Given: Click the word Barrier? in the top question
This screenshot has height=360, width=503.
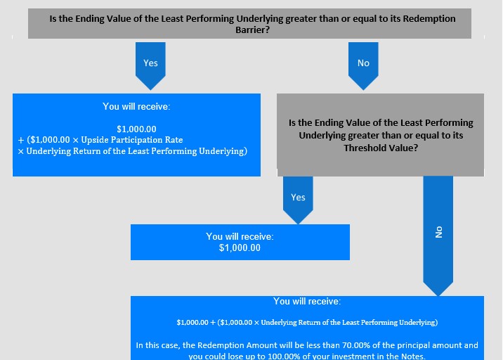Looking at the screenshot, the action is pyautogui.click(x=252, y=30).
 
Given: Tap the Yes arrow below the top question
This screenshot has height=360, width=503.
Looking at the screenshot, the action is pyautogui.click(x=150, y=66).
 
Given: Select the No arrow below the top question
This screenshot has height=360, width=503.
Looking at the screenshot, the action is pyautogui.click(x=363, y=66).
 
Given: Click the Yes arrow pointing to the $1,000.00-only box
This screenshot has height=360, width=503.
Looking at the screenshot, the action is pyautogui.click(x=298, y=200).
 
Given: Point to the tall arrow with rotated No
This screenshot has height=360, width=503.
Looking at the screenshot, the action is pyautogui.click(x=438, y=236).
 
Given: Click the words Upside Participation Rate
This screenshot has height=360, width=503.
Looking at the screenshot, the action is pyautogui.click(x=132, y=140).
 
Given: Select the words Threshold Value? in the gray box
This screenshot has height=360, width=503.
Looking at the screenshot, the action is pyautogui.click(x=381, y=148).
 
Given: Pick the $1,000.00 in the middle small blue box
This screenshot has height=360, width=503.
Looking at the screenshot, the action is pyautogui.click(x=240, y=248).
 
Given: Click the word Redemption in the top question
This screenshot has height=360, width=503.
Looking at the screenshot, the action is pyautogui.click(x=429, y=18).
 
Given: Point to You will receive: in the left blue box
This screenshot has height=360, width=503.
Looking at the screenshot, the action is pyautogui.click(x=136, y=106).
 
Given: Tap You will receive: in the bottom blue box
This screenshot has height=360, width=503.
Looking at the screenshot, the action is pyautogui.click(x=307, y=301).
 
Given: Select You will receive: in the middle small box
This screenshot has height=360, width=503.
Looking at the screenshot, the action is pyautogui.click(x=240, y=237).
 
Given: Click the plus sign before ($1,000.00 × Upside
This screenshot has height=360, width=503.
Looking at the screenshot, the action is pyautogui.click(x=21, y=141).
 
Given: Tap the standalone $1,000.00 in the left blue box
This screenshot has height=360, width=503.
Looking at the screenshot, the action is pyautogui.click(x=136, y=129).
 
